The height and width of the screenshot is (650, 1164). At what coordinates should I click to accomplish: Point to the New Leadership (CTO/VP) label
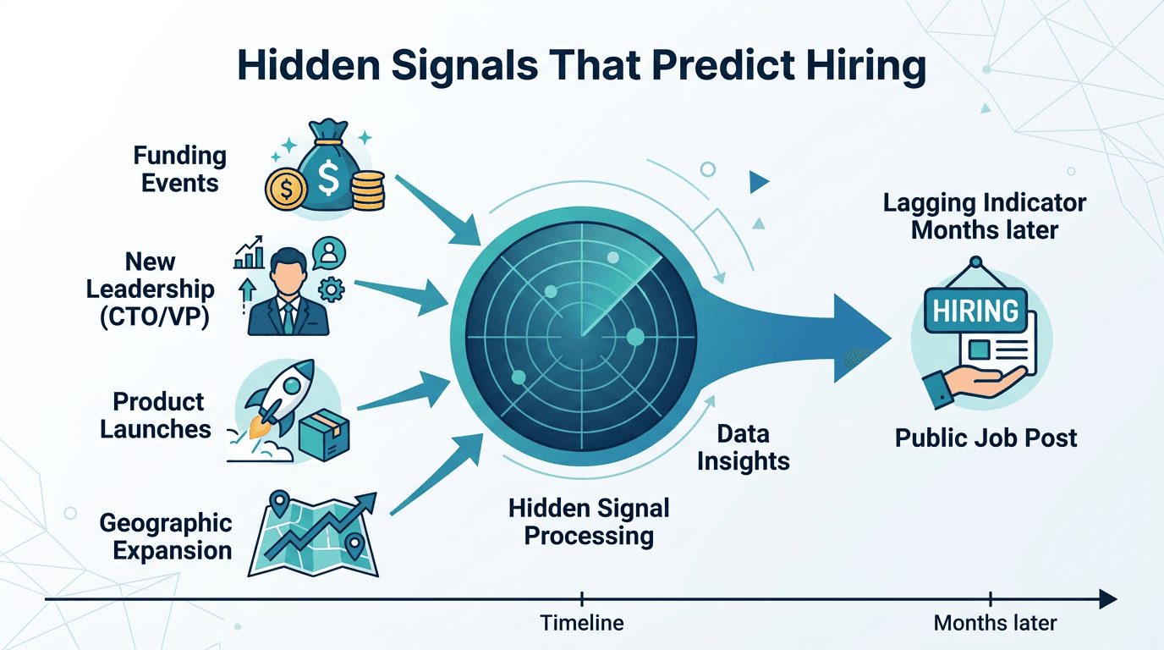tap(150, 289)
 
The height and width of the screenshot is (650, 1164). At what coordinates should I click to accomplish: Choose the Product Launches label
tap(156, 415)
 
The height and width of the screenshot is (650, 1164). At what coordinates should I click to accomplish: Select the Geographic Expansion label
tap(166, 537)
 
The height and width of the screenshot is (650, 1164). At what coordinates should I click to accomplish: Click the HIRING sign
tap(975, 311)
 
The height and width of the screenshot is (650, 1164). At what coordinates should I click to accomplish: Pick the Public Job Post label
tap(986, 438)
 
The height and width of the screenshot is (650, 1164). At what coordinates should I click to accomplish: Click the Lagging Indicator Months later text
tap(985, 216)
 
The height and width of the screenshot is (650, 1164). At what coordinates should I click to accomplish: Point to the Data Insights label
tap(743, 448)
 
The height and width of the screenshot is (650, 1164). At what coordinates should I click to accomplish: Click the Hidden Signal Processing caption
tap(589, 521)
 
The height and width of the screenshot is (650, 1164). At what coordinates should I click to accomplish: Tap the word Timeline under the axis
tap(582, 624)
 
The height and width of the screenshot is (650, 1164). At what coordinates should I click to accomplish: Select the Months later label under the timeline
tap(995, 624)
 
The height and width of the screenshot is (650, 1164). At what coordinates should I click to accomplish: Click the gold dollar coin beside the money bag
tap(285, 190)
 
